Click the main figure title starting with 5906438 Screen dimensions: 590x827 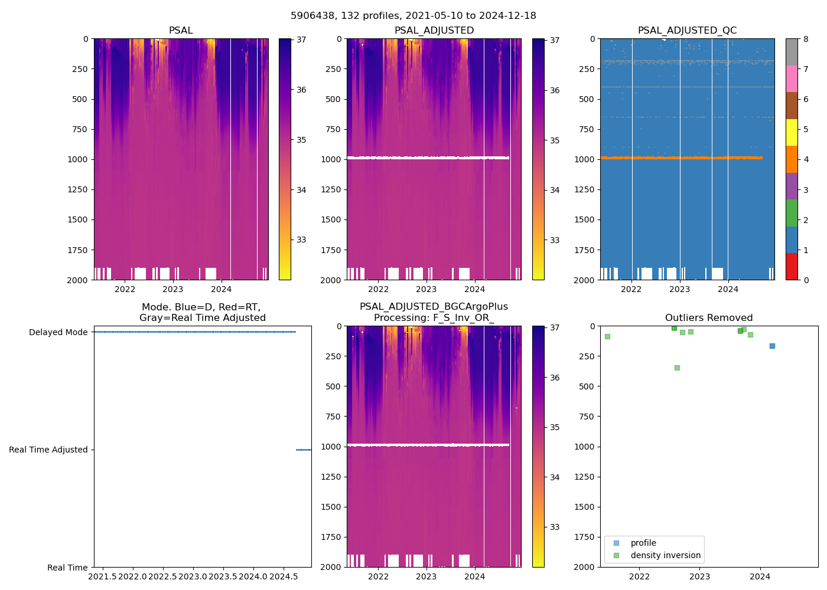click(x=413, y=16)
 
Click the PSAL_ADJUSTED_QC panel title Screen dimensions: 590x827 click(x=687, y=31)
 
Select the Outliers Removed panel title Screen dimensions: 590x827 click(x=709, y=318)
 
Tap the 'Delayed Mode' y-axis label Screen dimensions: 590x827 click(x=58, y=333)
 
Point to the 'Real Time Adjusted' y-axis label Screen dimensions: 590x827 click(x=48, y=450)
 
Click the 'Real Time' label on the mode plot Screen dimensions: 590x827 click(x=67, y=568)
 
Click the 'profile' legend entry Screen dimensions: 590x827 click(x=643, y=543)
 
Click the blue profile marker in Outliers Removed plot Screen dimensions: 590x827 click(x=772, y=346)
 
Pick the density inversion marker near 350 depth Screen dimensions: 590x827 click(x=677, y=368)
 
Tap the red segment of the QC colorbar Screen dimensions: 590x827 click(x=792, y=267)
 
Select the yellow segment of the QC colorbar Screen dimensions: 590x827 click(x=792, y=133)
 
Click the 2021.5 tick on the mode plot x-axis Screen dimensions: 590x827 click(x=103, y=576)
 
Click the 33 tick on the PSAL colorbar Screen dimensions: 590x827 click(x=301, y=240)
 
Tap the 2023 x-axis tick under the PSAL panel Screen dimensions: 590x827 click(x=173, y=289)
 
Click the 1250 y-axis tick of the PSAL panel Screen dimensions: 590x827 click(x=78, y=189)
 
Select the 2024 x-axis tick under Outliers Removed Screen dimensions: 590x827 click(x=760, y=576)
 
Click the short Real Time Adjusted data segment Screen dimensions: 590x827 click(x=304, y=450)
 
